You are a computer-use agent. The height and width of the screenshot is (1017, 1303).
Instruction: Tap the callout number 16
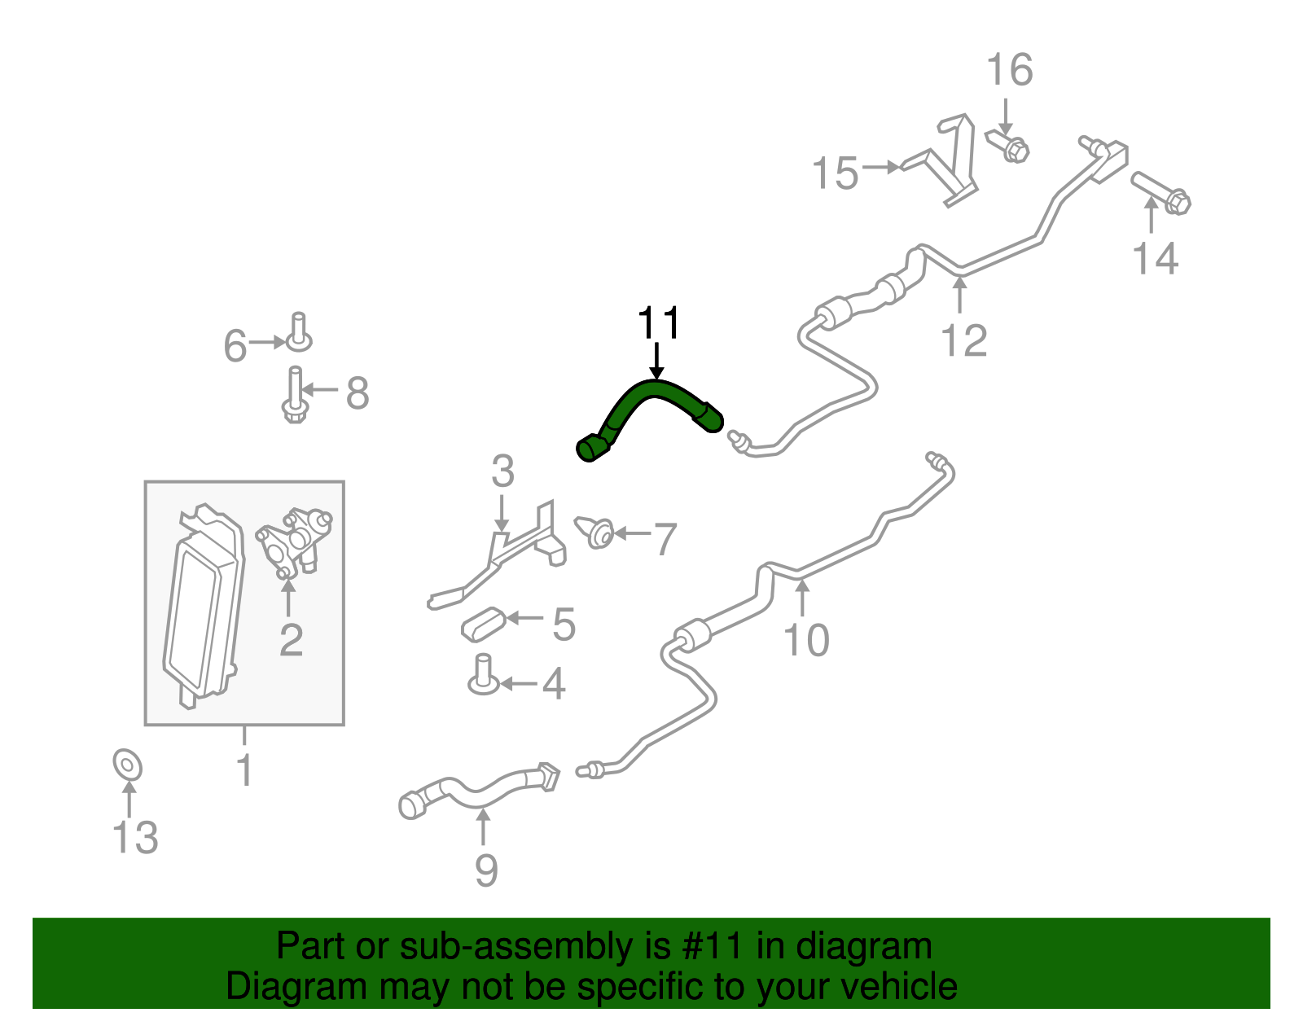point(1010,70)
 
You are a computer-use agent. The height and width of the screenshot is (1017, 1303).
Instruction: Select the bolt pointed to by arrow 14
point(1160,193)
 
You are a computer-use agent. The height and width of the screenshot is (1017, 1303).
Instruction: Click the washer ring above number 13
point(128,765)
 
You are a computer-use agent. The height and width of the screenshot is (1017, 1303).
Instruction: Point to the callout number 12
point(964,340)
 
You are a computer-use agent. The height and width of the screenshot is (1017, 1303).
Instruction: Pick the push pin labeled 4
point(483,675)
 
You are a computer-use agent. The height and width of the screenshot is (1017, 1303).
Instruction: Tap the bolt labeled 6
point(299,332)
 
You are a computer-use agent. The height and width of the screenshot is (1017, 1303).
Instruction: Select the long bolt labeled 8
point(295,394)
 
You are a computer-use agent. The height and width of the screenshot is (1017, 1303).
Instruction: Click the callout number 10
point(806,640)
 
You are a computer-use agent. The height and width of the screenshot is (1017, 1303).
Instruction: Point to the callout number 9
point(486,870)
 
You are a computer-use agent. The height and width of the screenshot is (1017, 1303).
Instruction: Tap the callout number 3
point(502,471)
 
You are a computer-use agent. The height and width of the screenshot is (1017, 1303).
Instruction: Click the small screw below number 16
point(1008,146)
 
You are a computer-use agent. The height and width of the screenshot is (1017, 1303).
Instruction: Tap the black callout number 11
point(658,323)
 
